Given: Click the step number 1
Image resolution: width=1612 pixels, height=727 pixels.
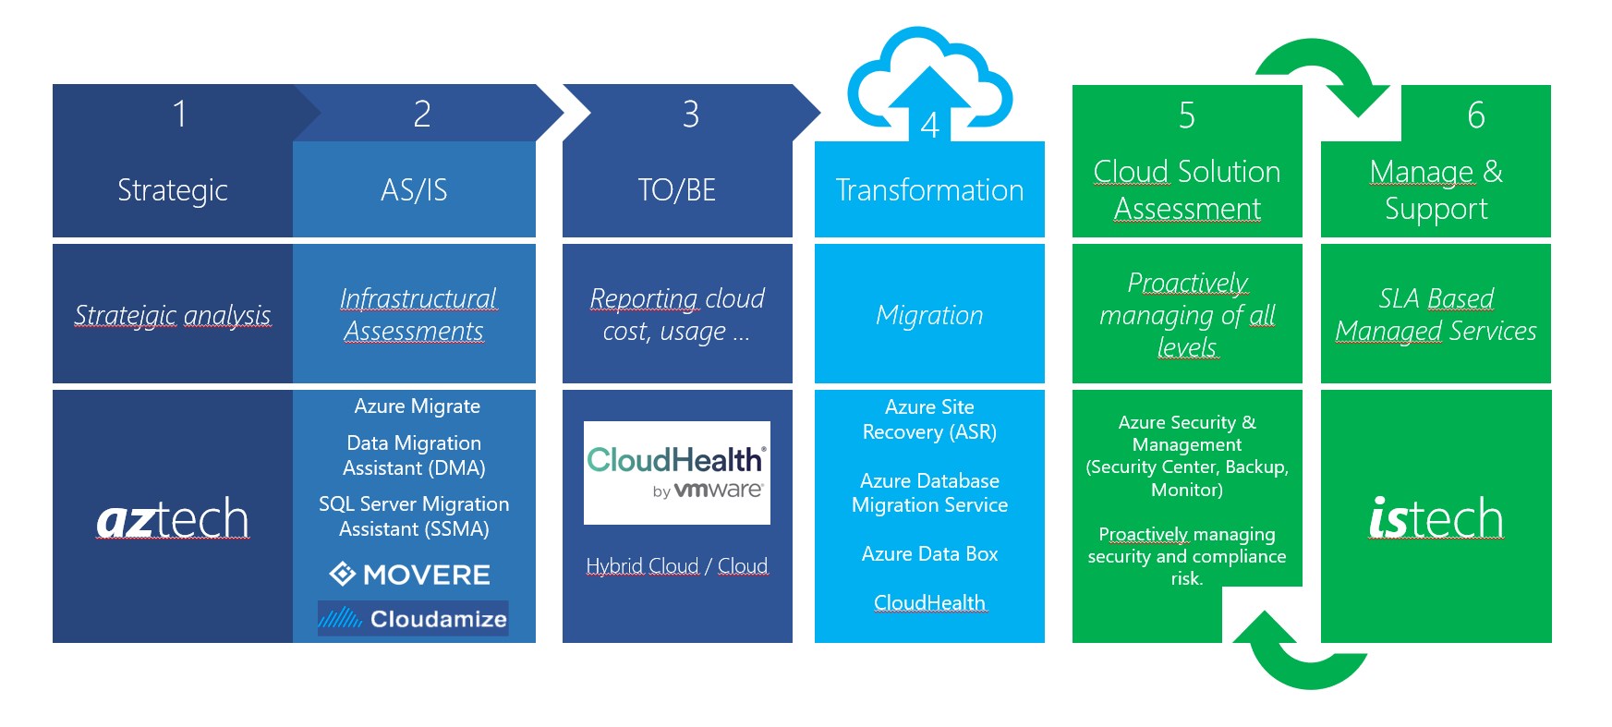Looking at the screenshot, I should (179, 115).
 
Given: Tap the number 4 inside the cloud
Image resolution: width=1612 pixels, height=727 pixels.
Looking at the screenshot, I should (929, 126).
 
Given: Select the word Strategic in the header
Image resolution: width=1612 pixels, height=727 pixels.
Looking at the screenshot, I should (173, 190).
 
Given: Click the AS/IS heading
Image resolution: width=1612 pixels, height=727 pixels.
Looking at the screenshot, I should (414, 190).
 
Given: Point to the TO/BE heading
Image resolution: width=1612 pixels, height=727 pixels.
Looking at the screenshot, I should (677, 190).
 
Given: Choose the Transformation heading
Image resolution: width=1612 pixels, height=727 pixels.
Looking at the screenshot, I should (929, 190).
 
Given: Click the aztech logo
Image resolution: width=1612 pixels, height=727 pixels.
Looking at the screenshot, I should (173, 519).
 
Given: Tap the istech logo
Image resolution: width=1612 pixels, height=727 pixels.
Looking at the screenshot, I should (1436, 518).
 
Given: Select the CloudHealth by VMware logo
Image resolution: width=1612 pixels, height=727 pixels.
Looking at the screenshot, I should (676, 473).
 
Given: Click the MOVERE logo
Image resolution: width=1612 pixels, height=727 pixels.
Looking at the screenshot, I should (410, 575).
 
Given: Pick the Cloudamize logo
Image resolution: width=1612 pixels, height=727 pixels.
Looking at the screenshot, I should (413, 618).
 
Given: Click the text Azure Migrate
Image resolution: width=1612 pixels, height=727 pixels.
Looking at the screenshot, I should (417, 406).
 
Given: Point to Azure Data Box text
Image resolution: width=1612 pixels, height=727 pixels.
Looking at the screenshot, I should (929, 554).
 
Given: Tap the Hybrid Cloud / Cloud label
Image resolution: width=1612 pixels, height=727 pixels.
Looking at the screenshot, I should (676, 565).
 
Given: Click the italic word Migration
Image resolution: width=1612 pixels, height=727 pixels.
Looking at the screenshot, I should (929, 315).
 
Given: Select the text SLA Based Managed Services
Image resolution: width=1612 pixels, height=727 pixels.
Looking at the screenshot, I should (1436, 314).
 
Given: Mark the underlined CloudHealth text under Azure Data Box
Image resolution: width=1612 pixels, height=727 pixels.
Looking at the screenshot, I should (929, 603).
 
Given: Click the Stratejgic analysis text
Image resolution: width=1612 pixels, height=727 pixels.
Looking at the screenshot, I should (173, 315).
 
